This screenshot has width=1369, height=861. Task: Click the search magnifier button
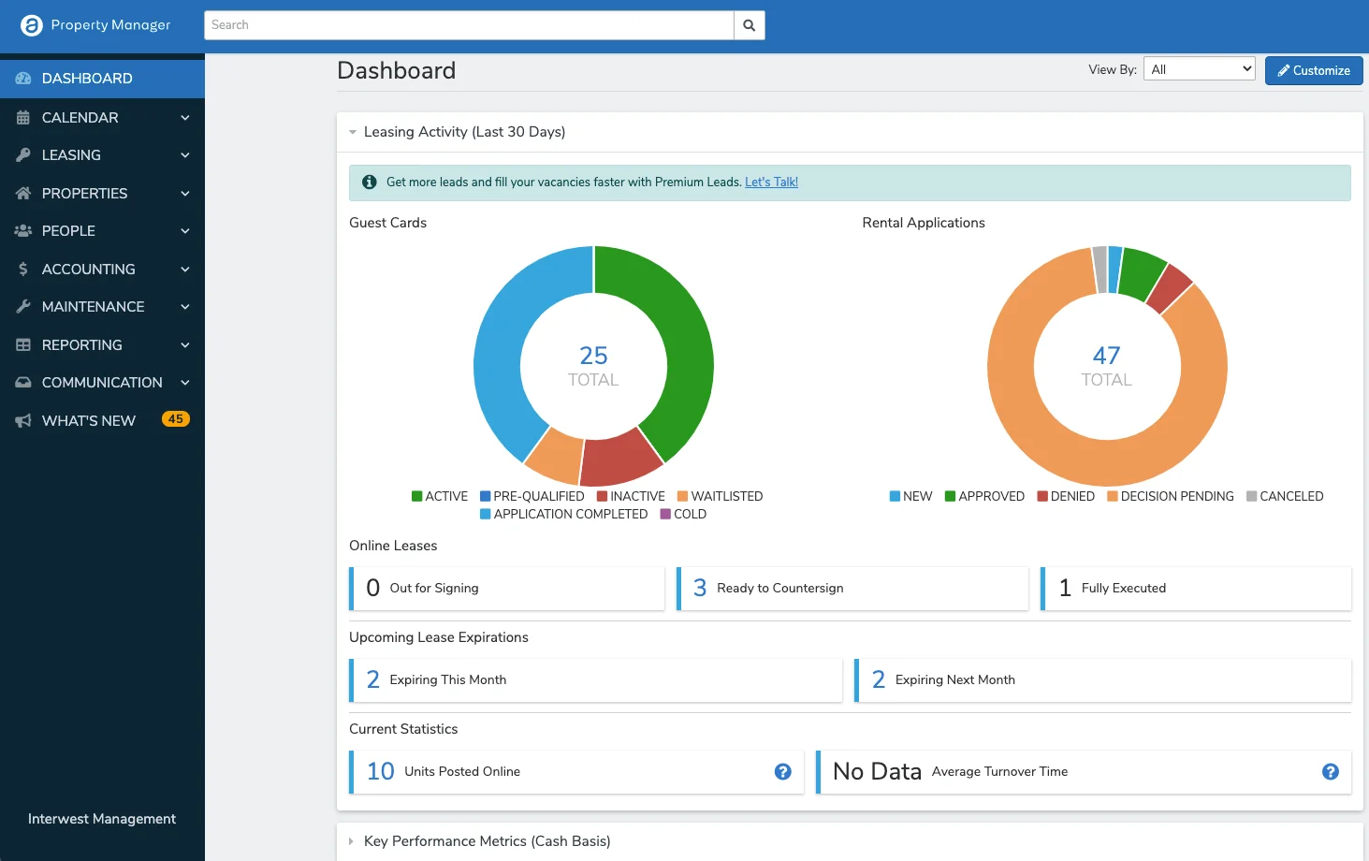pos(750,25)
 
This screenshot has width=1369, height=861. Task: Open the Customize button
pos(1314,70)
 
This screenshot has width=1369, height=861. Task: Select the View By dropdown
pos(1199,69)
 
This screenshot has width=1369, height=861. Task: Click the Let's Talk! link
pos(771,182)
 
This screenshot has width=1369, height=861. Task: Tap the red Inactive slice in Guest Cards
pos(619,460)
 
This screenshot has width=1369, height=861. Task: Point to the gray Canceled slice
pos(1100,270)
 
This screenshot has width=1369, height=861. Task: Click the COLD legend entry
pos(683,514)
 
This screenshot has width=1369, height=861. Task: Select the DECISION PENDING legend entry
pos(1171,496)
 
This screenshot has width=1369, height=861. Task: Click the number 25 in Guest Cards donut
pos(593,356)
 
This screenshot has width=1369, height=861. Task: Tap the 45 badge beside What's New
pos(175,419)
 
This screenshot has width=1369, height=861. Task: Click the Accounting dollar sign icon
pos(23,269)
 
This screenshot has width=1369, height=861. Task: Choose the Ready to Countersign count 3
pos(700,588)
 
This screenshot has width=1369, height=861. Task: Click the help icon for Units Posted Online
pos(783,772)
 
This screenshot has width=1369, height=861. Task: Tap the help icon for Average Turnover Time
pos(1331,772)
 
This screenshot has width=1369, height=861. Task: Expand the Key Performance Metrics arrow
pos(352,841)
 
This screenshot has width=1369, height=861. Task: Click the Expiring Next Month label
pos(955,679)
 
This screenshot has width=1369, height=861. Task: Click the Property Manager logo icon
pos(31,25)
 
